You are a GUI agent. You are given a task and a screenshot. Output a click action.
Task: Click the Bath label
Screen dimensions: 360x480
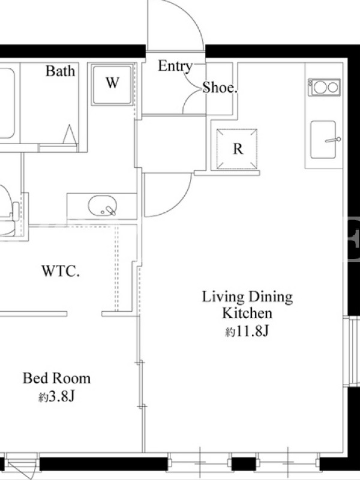point(61,71)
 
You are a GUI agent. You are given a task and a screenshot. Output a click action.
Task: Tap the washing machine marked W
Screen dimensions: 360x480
point(112,85)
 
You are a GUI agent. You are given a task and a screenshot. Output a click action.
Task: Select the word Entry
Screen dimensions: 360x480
point(175,67)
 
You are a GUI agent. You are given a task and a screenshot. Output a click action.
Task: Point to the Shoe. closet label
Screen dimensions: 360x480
point(220,88)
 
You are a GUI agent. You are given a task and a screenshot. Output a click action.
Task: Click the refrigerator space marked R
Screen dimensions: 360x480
point(237,149)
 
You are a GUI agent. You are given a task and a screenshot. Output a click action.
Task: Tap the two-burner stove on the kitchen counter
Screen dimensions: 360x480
point(324,88)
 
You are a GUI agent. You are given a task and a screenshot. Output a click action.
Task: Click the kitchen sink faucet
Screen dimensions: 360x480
point(333,140)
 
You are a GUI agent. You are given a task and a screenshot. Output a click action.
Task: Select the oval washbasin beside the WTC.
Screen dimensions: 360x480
point(103,205)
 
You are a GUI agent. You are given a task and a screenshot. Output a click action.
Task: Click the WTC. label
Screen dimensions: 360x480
point(61,271)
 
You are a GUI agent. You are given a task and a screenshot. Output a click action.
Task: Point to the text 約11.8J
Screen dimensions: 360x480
point(247,332)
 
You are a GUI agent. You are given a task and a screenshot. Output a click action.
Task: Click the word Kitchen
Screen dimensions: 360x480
point(247,313)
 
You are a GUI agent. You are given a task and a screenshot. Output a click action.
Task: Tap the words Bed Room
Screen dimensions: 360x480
point(56,379)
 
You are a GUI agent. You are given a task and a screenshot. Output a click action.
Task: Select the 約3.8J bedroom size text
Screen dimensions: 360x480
point(56,397)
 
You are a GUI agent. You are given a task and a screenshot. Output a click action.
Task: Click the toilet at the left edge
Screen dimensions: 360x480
point(8,211)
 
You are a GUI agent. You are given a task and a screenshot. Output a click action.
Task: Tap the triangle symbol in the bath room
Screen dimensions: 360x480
point(70,134)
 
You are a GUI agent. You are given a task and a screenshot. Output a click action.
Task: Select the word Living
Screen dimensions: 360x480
point(223,297)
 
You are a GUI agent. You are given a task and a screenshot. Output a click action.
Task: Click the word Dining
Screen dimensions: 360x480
point(271,297)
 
